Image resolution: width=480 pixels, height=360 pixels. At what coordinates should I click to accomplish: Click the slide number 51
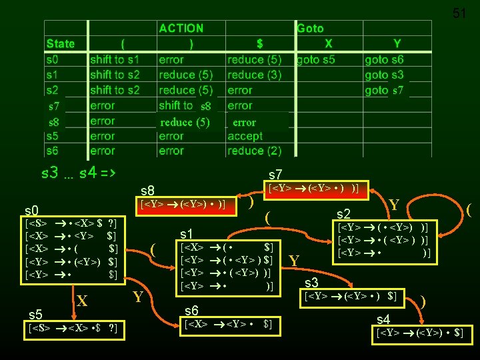click(x=459, y=13)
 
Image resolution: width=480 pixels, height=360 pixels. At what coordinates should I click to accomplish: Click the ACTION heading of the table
click(x=181, y=28)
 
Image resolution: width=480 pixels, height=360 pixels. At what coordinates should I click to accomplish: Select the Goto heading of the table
click(x=310, y=28)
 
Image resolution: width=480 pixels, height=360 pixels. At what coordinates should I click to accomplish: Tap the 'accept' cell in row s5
click(x=245, y=136)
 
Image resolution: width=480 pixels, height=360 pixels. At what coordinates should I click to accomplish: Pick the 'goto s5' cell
click(x=317, y=59)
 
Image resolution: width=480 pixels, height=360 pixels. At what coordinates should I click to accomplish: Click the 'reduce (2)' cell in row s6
click(x=254, y=151)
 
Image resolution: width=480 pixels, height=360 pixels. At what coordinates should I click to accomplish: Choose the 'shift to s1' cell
click(x=115, y=59)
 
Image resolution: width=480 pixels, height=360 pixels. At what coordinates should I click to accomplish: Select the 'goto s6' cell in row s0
click(x=384, y=59)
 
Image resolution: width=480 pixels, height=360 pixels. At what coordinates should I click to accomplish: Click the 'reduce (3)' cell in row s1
click(x=254, y=75)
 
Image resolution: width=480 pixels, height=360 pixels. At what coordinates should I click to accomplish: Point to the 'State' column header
click(x=61, y=44)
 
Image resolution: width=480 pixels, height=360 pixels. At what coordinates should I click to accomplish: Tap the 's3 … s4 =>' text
click(x=79, y=174)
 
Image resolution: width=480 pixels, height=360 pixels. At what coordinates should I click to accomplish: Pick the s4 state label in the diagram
click(x=383, y=319)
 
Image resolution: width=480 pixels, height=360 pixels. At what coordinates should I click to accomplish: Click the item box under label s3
click(x=351, y=295)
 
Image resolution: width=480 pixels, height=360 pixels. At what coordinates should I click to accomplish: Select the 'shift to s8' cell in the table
click(x=187, y=105)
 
